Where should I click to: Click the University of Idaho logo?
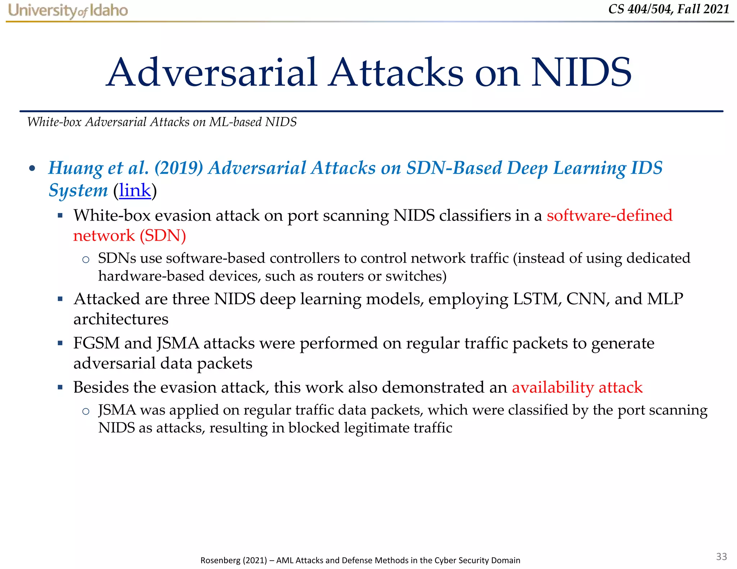[68, 10]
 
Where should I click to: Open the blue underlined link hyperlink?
[135, 190]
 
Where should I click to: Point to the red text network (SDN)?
[130, 236]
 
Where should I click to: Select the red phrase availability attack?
[577, 387]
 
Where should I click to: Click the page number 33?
[721, 556]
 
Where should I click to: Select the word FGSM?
[96, 343]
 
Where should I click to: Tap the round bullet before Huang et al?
[32, 168]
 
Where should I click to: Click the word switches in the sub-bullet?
[415, 276]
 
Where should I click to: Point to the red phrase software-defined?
[609, 215]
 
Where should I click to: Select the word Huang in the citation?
[76, 168]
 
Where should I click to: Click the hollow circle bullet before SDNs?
[86, 259]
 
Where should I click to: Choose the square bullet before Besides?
[60, 388]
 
